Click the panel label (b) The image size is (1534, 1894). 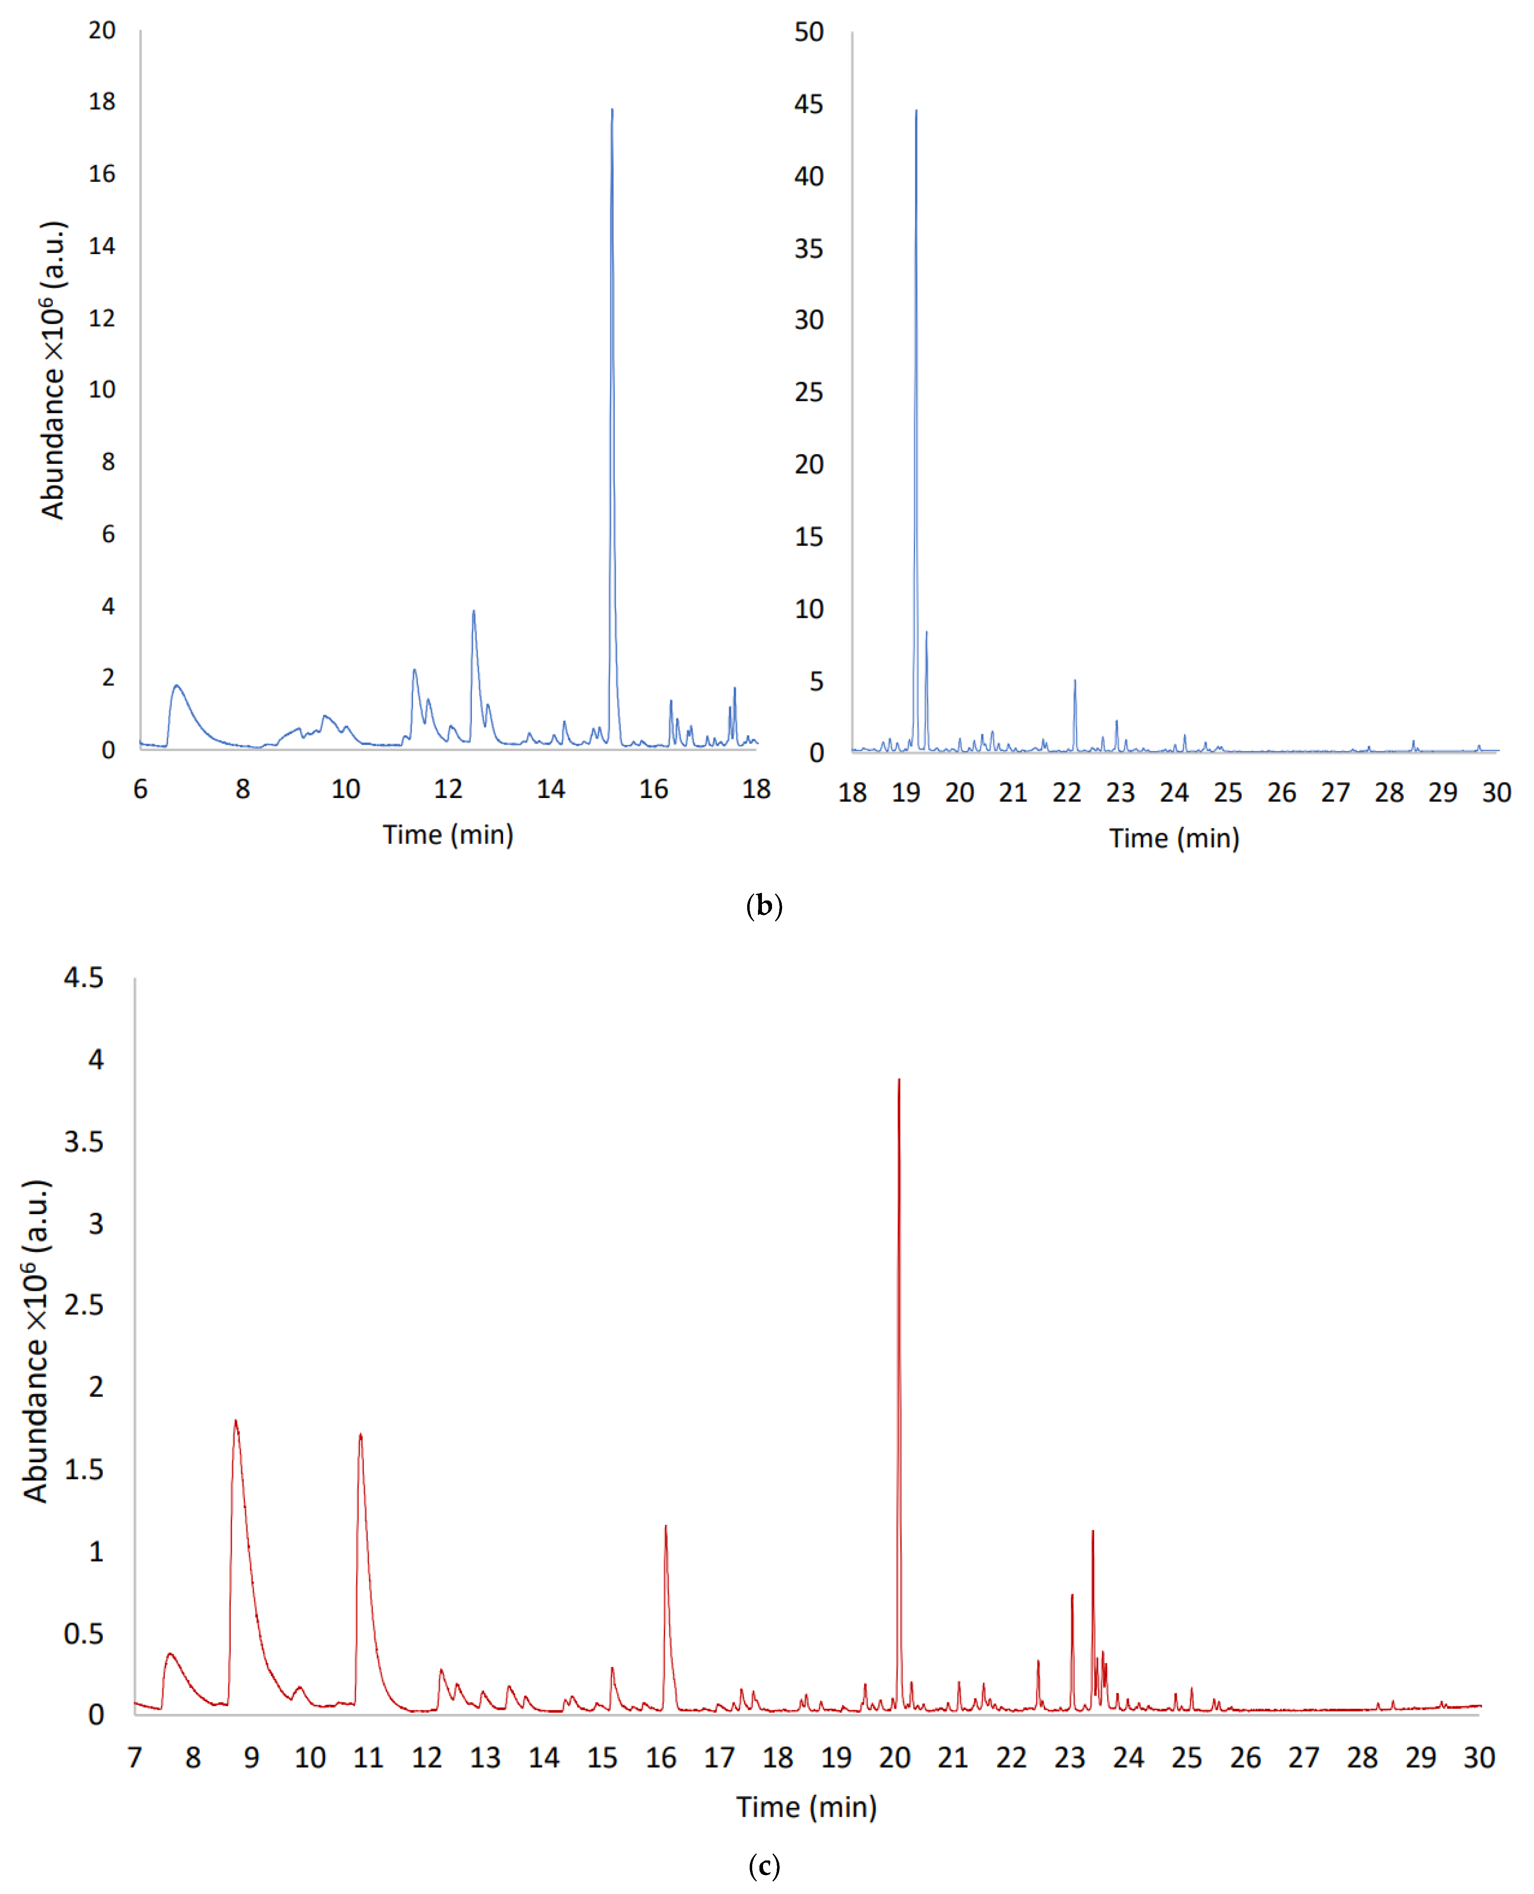pyautogui.click(x=764, y=906)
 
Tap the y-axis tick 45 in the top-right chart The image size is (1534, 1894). pyautogui.click(x=808, y=104)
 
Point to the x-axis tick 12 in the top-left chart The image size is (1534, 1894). pyautogui.click(x=448, y=789)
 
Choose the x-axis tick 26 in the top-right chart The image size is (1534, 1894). pyautogui.click(x=1281, y=793)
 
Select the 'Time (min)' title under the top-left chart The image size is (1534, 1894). pyautogui.click(x=448, y=834)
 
